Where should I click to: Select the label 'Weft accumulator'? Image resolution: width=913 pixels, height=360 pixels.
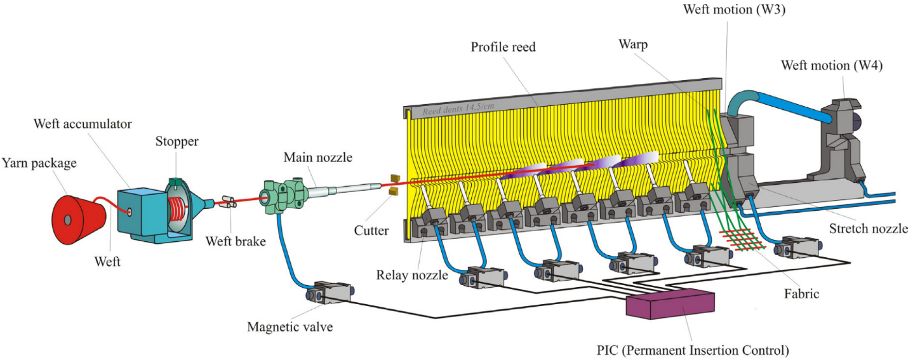point(83,124)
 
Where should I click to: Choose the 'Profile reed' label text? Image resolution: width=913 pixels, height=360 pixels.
point(505,47)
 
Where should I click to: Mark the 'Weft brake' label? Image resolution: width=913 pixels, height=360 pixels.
point(235,242)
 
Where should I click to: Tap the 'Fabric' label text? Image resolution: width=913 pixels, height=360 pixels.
point(802,295)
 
